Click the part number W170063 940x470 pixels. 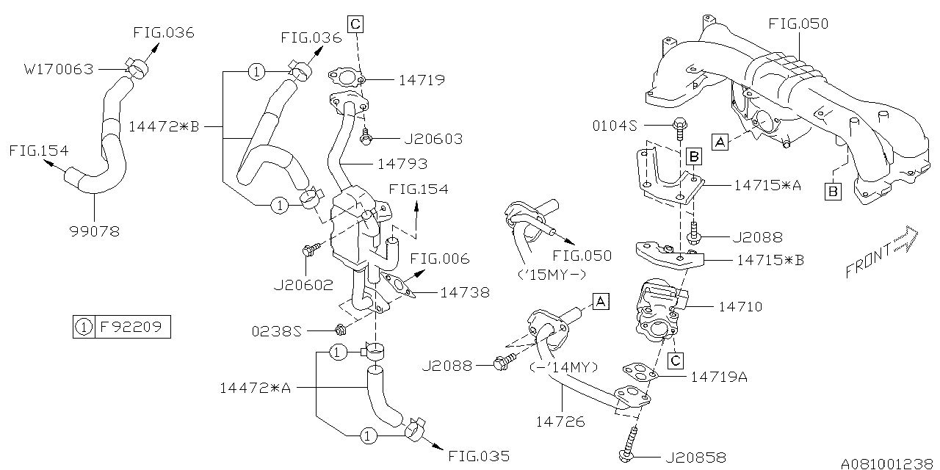(59, 70)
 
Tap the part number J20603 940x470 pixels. (433, 139)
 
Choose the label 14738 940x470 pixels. (464, 292)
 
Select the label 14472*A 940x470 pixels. (256, 387)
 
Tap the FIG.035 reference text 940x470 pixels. (478, 455)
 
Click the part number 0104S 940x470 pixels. (615, 125)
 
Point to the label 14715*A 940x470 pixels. (767, 186)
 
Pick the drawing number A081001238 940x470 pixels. (886, 463)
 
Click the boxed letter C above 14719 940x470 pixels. (355, 24)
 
